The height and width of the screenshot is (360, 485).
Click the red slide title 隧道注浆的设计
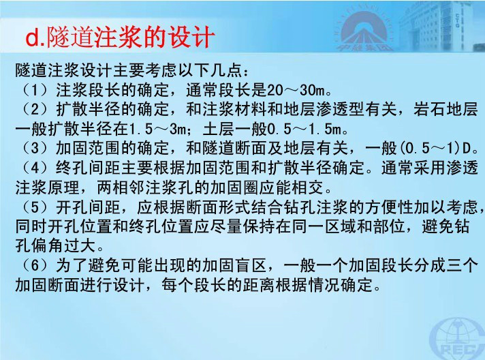coord(130,37)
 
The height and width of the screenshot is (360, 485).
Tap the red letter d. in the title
coord(35,38)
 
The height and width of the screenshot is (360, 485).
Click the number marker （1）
coord(35,90)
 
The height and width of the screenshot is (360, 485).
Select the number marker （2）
coord(35,109)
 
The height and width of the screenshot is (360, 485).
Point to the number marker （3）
coord(35,148)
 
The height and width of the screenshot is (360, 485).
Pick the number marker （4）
coord(35,168)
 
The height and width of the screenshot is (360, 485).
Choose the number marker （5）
coord(35,207)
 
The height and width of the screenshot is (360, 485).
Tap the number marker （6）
coord(35,265)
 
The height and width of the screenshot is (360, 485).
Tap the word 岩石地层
coord(445,109)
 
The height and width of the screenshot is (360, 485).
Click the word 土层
coord(219,129)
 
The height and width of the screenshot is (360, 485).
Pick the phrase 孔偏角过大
coord(55,245)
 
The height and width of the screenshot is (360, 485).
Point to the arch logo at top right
coord(365,30)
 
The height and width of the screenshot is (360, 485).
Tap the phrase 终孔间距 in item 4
coord(88,168)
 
